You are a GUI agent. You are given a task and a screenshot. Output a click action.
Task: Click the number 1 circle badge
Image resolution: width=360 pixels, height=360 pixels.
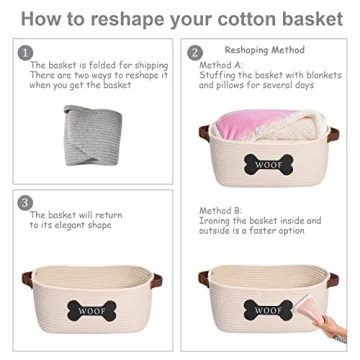click(25, 52)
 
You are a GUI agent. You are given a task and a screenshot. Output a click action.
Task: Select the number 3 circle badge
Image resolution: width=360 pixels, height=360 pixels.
click(25, 202)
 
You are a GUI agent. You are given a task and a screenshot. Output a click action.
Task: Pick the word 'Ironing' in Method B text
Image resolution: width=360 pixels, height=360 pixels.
click(215, 220)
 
